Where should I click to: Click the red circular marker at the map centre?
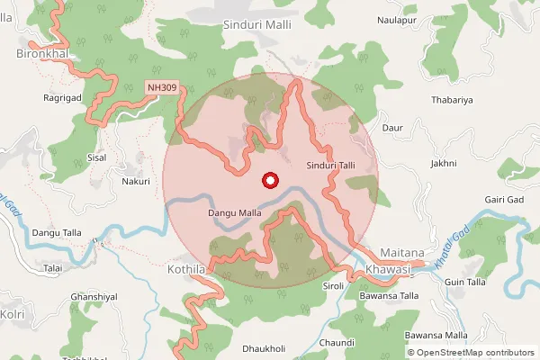pos(268,181)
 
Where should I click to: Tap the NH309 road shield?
pos(163,87)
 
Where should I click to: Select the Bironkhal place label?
pos(42,55)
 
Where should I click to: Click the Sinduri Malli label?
pos(257,25)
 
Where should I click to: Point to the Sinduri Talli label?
pos(331,166)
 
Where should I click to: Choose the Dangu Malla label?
pos(234,213)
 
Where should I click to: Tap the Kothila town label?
pos(187,269)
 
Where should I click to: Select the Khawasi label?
pos(389,270)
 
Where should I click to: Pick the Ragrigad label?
pos(62,96)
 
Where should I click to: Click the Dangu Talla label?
pos(57,233)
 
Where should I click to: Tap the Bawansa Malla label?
pos(436,335)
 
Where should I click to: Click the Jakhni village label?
pos(444,163)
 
